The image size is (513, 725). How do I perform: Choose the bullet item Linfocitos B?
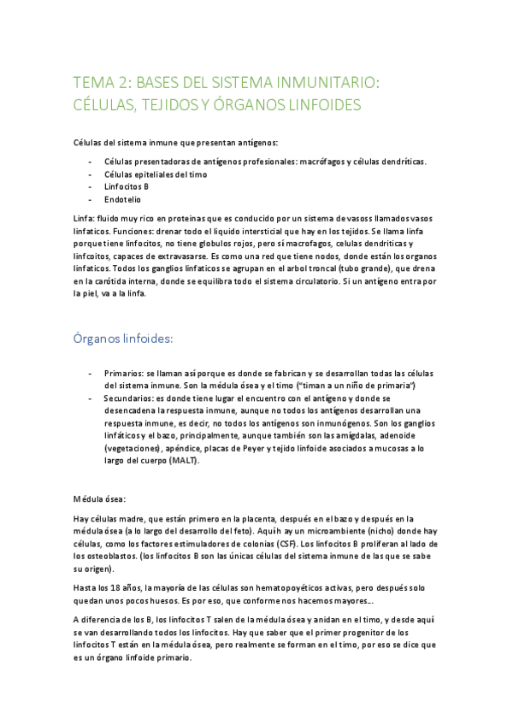coord(127,186)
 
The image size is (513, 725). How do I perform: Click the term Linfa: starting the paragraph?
coord(85,219)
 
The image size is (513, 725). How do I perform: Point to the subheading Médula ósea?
coord(100,498)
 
